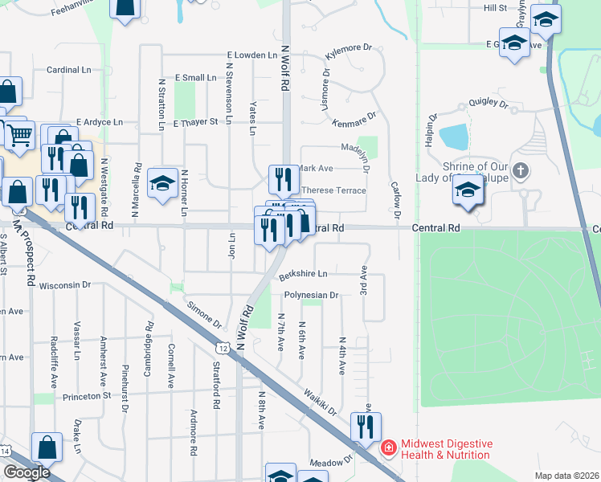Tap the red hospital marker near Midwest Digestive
point(388,447)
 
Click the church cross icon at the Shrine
point(521,170)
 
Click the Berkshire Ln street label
point(303,275)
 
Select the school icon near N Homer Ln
point(162,185)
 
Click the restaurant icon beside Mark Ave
point(282,178)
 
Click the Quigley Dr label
point(489,104)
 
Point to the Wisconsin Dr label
point(66,285)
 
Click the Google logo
point(27,472)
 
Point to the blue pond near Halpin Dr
point(453,137)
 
